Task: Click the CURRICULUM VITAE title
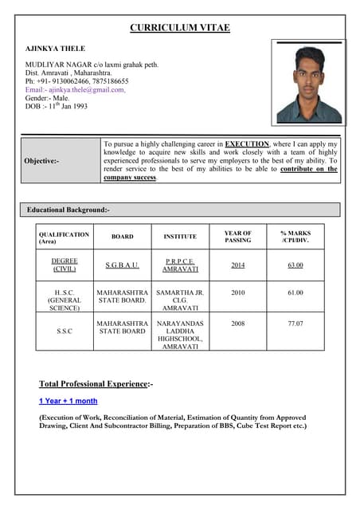[180, 28]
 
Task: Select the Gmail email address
[76, 89]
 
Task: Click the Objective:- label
[41, 160]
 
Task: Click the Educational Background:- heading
[68, 210]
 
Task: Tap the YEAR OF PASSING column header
[237, 237]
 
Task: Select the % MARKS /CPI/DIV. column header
[295, 237]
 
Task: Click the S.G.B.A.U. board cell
[122, 265]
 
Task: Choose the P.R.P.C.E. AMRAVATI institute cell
[180, 265]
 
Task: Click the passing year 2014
[237, 265]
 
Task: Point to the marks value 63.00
[295, 265]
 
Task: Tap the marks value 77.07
[295, 324]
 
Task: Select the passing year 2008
[237, 324]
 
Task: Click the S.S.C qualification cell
[65, 331]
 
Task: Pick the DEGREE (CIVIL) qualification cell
[65, 265]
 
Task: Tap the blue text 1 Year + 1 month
[68, 401]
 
